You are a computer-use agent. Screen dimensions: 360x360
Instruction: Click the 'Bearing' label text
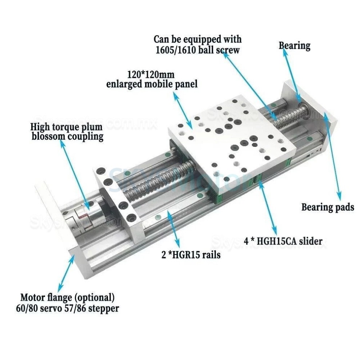294,46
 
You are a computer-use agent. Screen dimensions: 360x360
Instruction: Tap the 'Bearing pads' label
327,207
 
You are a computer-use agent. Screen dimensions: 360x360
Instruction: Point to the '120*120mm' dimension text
151,75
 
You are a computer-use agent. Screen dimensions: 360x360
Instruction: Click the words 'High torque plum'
66,127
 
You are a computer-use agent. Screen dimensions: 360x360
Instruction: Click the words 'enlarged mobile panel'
152,84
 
